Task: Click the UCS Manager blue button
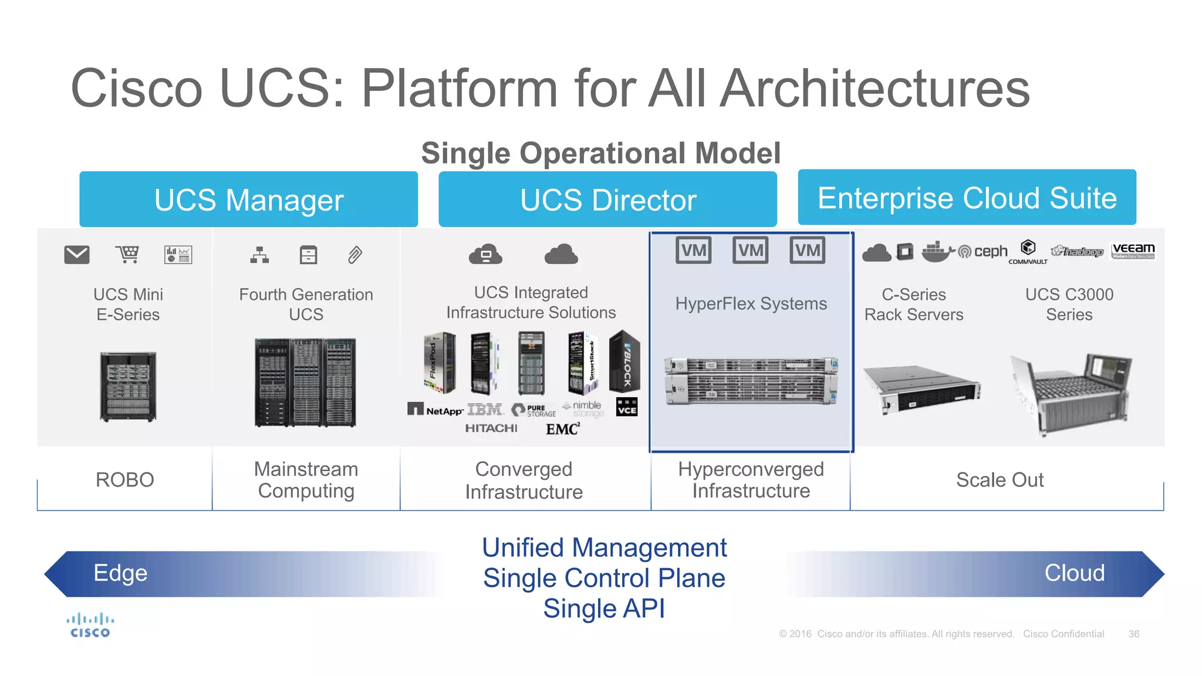point(248,200)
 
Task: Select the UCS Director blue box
point(607,200)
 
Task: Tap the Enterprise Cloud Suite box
point(967,198)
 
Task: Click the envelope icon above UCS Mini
point(77,255)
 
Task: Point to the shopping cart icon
point(127,255)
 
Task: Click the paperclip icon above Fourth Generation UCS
point(355,255)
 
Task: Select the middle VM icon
point(751,251)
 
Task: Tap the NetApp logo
point(435,410)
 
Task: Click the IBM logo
point(485,409)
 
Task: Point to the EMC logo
point(562,429)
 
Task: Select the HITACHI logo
point(491,428)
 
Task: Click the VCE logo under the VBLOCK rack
point(627,408)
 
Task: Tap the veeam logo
point(1133,251)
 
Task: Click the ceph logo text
point(990,251)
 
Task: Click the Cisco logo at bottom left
point(90,626)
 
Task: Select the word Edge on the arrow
point(120,573)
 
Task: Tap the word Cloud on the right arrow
point(1074,573)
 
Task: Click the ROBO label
point(124,480)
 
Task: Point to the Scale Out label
point(1000,480)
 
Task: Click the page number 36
point(1133,634)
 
